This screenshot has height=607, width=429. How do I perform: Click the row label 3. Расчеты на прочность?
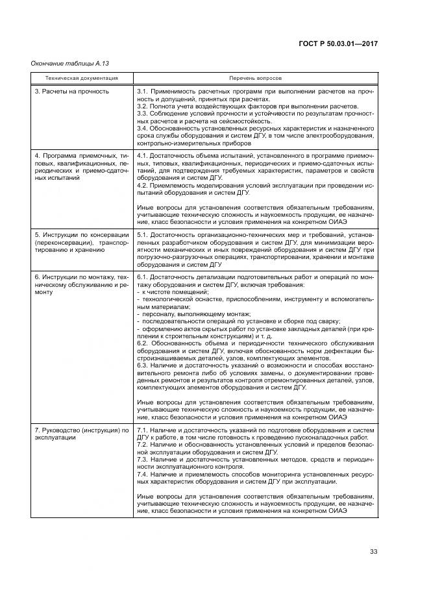(x=72, y=92)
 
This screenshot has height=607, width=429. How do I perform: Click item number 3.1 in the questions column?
(x=143, y=92)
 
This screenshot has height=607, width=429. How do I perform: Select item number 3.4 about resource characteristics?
(x=143, y=128)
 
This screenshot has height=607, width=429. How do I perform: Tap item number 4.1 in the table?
(x=143, y=156)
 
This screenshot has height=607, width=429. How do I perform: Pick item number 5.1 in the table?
(x=143, y=234)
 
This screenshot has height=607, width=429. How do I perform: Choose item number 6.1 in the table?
(x=143, y=277)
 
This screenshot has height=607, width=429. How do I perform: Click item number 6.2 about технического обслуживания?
(x=143, y=343)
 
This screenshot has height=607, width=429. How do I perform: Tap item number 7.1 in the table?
(x=143, y=430)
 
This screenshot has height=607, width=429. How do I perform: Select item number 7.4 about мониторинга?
(x=143, y=475)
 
